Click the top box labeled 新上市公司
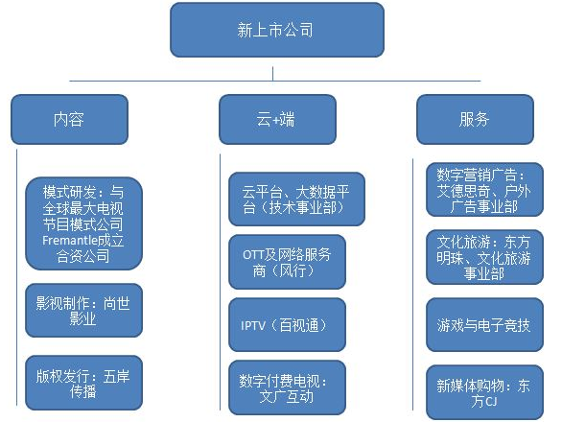277,30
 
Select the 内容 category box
70,119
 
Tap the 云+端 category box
277,119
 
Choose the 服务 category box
475,119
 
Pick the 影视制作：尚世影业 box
83,311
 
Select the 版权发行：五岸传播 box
83,383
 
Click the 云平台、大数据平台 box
296,199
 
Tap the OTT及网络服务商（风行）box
287,262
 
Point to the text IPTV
253,325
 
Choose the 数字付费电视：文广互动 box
287,387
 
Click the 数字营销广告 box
484,190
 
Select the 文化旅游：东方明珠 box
484,257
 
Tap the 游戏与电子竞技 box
484,325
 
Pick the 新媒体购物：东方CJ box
484,392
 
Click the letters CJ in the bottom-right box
491,401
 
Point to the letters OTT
251,255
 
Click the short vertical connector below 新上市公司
272,74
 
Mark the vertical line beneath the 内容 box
17,277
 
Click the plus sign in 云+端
276,120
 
